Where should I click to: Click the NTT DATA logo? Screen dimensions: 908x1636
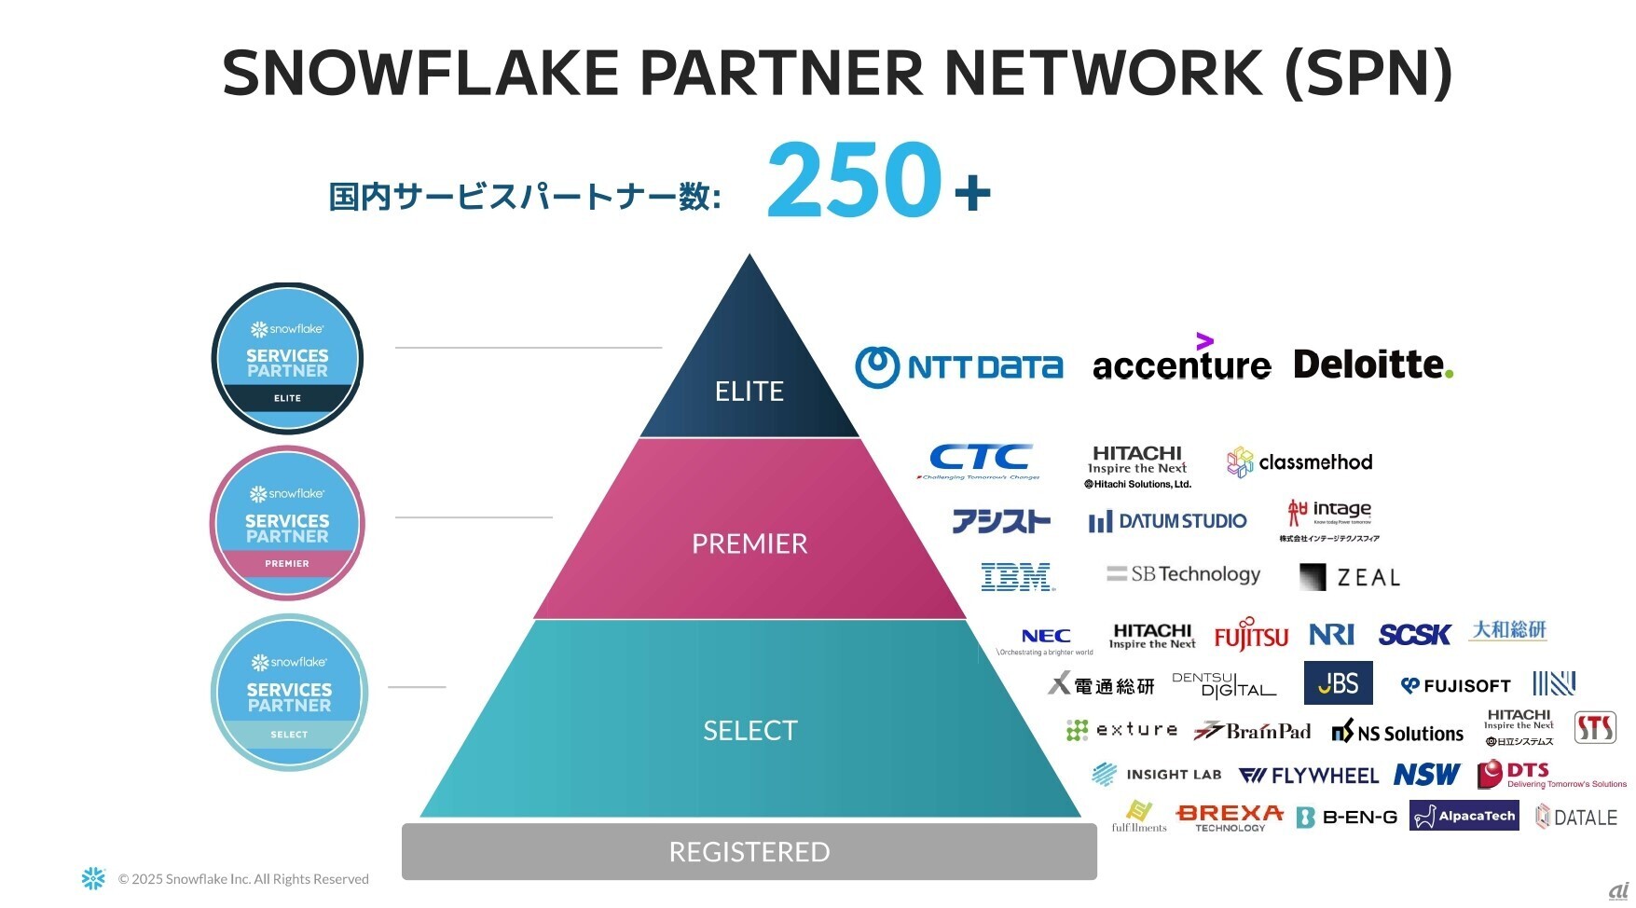[x=958, y=366]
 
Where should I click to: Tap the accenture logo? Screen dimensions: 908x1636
[x=1181, y=362]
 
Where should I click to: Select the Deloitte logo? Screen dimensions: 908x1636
[x=1373, y=364]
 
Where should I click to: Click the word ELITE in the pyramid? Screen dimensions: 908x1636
[x=749, y=392]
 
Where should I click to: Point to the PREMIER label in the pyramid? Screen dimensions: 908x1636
[x=749, y=543]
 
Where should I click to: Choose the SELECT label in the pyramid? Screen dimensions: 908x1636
[x=750, y=730]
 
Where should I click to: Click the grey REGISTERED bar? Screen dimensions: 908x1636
[x=749, y=851]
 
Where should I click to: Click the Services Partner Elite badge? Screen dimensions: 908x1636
[x=287, y=359]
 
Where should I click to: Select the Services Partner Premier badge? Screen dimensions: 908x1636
[x=287, y=523]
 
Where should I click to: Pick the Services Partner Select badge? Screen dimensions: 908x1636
[x=289, y=693]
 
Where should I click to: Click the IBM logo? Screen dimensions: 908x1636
[x=1018, y=577]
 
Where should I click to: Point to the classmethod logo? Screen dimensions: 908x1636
[x=1299, y=462]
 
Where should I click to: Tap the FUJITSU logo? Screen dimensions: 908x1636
[x=1251, y=635]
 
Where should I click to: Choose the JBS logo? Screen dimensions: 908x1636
[x=1338, y=683]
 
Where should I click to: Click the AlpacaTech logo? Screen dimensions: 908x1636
[x=1464, y=816]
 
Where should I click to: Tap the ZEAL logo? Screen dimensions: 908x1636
[x=1350, y=577]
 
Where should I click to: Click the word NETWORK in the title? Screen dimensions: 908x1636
[x=1104, y=73]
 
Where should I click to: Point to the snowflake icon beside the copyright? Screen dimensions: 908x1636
[x=93, y=878]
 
